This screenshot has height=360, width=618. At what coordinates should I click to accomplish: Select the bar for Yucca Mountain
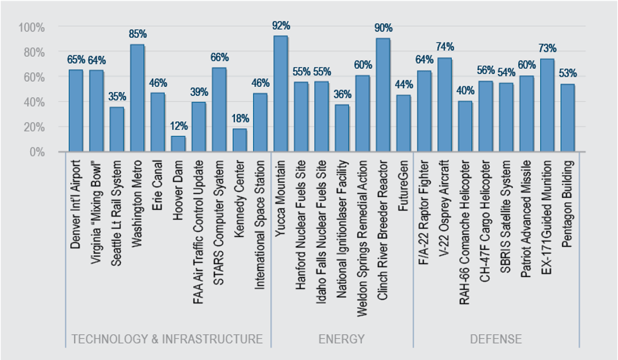click(281, 94)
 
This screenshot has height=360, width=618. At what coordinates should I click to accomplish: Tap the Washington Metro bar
click(137, 98)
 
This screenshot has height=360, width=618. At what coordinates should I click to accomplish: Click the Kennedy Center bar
click(239, 140)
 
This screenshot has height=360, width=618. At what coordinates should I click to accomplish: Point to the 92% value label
click(281, 26)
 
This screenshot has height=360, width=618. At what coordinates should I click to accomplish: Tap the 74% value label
click(445, 46)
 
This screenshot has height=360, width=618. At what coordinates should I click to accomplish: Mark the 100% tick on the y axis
click(32, 27)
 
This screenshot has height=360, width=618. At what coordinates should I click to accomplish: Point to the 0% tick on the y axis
click(36, 152)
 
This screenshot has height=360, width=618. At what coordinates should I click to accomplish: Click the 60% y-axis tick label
click(34, 77)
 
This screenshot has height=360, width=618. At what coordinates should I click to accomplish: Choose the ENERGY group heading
click(341, 339)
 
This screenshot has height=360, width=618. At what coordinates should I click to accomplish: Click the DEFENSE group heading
click(496, 339)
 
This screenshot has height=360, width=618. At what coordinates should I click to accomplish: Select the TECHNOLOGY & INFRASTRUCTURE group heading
click(167, 339)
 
